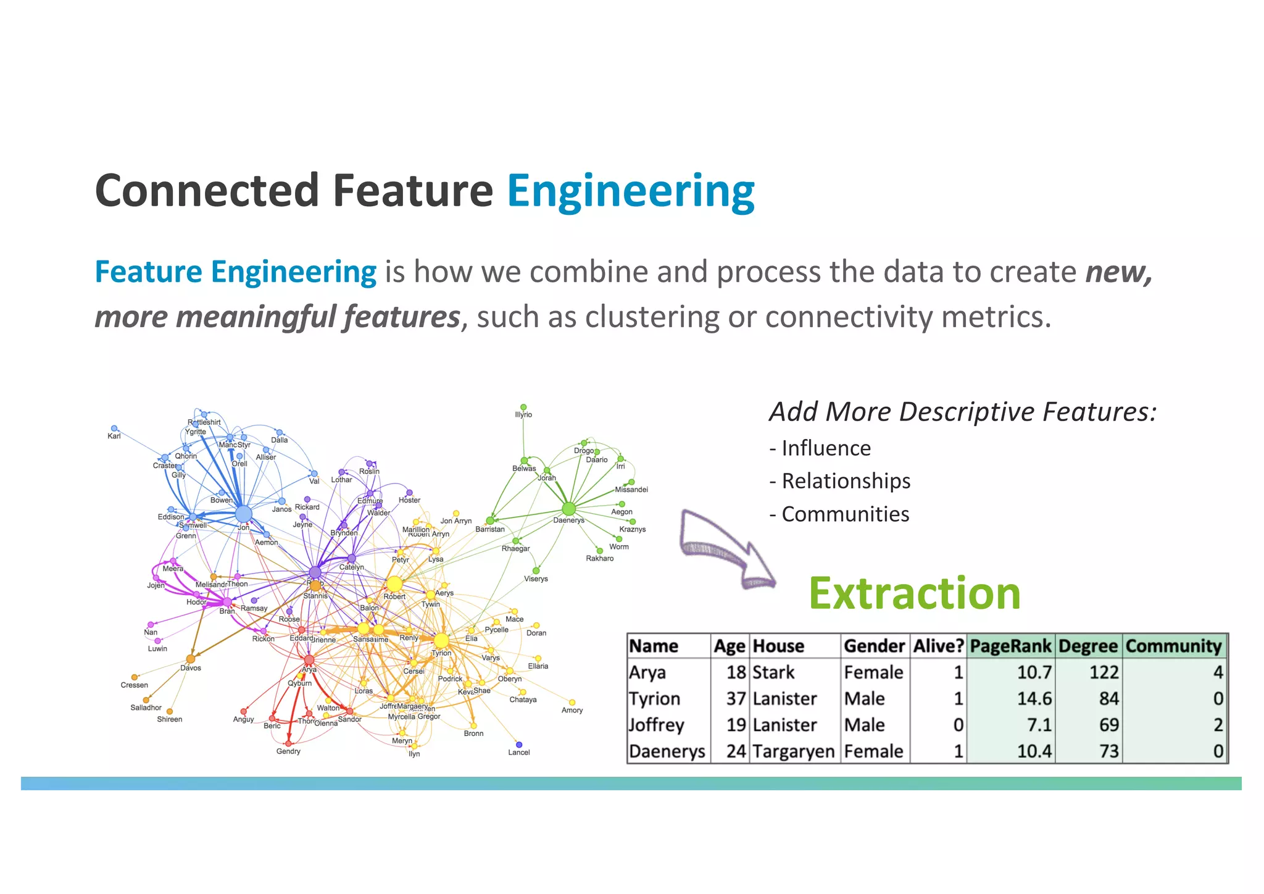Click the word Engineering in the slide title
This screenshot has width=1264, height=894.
(x=630, y=191)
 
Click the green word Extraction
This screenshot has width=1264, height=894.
(x=914, y=593)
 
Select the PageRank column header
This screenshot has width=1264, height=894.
(x=1010, y=646)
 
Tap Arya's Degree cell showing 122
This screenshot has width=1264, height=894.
(x=1104, y=672)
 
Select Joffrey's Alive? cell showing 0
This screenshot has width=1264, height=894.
(x=958, y=725)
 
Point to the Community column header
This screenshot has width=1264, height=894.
(x=1173, y=646)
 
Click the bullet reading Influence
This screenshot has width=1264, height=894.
(x=826, y=448)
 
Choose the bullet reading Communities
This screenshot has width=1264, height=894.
(x=845, y=514)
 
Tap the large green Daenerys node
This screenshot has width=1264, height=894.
(x=568, y=509)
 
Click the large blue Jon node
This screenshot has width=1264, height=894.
(x=244, y=514)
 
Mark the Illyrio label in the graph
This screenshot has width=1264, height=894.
(x=523, y=415)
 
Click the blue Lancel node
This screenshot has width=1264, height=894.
(x=518, y=745)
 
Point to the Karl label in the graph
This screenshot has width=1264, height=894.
(x=114, y=436)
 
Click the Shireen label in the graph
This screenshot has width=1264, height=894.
(x=169, y=719)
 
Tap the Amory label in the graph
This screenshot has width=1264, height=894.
(x=572, y=710)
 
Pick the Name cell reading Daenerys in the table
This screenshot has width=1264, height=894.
(x=667, y=751)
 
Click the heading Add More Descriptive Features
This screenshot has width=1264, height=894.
(x=963, y=412)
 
